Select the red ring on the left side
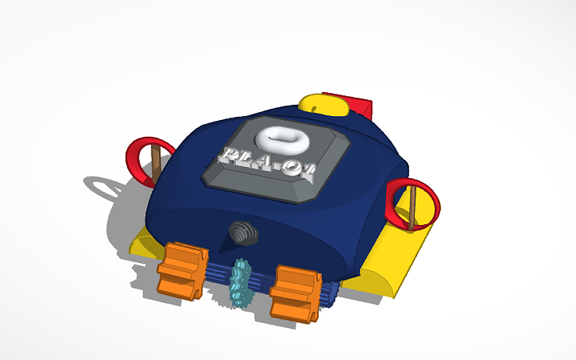[141, 159]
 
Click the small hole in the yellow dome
[313, 103]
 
